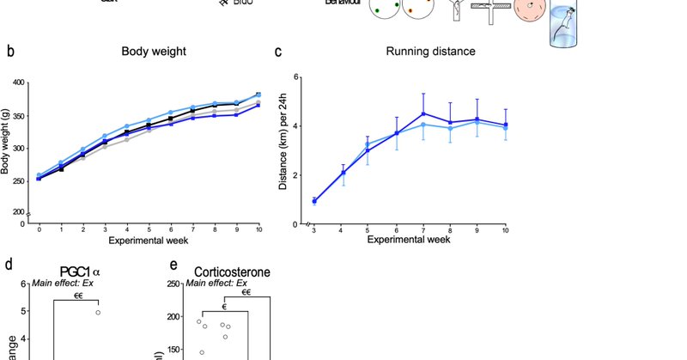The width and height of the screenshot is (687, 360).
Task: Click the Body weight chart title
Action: click(154, 52)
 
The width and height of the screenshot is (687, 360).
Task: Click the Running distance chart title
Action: click(431, 52)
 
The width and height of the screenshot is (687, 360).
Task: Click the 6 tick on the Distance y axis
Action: click(295, 77)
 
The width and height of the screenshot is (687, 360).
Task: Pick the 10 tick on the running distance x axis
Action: click(505, 230)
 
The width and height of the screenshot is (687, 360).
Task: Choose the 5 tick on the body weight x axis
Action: click(149, 230)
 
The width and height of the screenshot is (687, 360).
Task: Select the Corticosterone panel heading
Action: click(228, 272)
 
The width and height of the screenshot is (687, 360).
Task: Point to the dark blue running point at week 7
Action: click(423, 113)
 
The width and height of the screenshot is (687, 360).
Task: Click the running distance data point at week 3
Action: click(313, 201)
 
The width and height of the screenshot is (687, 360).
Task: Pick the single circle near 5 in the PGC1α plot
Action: click(98, 312)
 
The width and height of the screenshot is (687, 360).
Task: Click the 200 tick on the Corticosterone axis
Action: click(173, 316)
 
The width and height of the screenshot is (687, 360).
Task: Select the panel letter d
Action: click(9, 265)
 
